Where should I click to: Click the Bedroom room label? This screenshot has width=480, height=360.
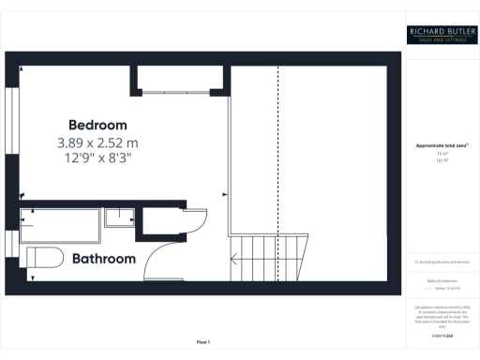coord(97,125)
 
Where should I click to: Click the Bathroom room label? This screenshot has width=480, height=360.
coord(104,258)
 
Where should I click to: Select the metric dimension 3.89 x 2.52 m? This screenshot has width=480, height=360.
coord(97,143)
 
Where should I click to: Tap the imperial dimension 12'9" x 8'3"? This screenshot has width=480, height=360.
coord(97,159)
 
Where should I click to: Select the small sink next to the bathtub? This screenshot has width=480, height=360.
coord(118,218)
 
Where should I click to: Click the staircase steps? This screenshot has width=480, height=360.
coord(270,257)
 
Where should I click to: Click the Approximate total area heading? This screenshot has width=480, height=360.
coord(442,146)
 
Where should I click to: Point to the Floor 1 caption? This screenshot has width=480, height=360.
coord(202,341)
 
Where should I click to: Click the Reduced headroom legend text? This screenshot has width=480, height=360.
coord(442,280)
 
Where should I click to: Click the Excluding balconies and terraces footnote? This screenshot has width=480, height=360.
coord(442,262)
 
